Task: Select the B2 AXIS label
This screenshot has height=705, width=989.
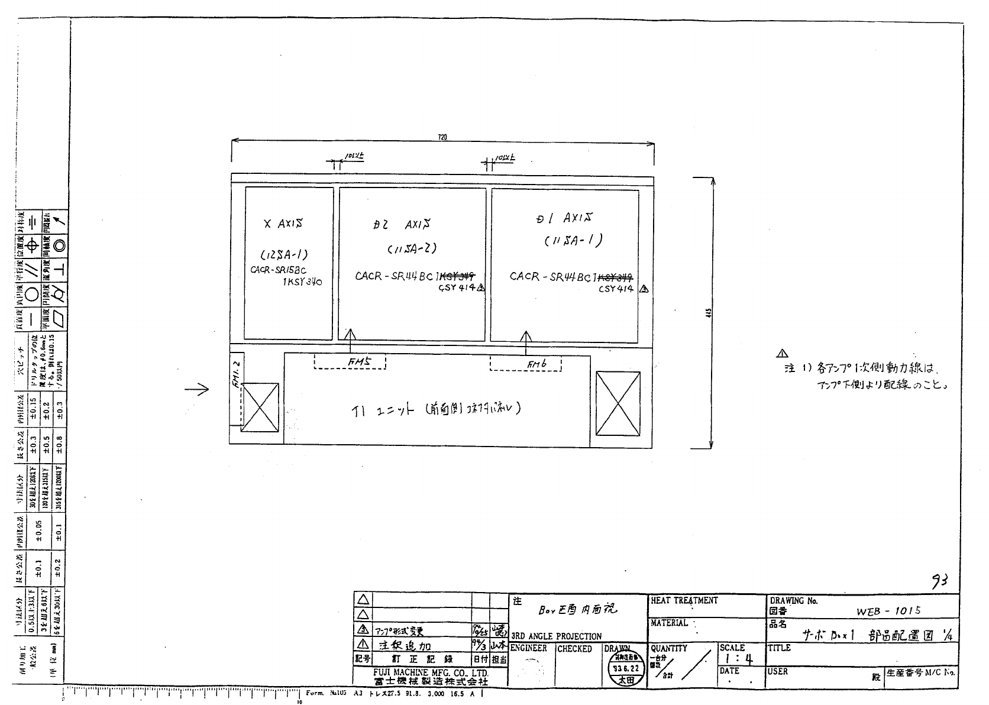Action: [402, 225]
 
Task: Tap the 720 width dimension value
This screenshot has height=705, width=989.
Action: [442, 137]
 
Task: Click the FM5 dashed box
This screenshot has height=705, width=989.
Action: [350, 361]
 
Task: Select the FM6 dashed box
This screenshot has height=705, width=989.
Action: [526, 363]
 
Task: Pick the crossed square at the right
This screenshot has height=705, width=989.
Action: [618, 402]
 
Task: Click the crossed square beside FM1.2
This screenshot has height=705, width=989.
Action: [260, 407]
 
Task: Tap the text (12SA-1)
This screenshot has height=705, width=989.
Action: [284, 255]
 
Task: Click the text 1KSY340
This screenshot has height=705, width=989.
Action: [302, 282]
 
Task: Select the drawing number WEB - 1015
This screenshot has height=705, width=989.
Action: [888, 612]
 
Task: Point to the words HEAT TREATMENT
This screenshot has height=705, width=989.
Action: [684, 600]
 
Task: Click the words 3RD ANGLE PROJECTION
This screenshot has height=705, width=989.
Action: [556, 636]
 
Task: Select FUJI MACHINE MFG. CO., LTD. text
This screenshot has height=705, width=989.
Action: [431, 673]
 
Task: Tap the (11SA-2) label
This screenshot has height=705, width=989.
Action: [412, 250]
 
